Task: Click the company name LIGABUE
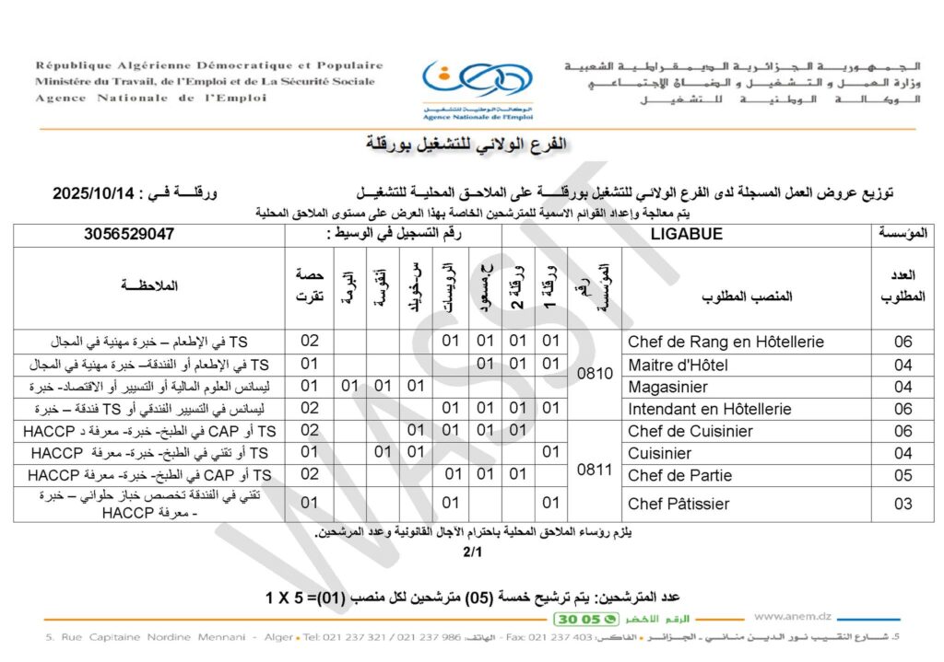coord(687,235)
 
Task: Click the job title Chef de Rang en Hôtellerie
coord(726,342)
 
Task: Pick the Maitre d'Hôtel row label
coord(678,365)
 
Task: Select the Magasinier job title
coord(667,387)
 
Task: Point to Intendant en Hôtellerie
coord(709,409)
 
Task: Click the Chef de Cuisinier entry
coord(690,431)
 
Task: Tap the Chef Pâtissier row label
coord(678,504)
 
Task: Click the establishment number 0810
coord(594,376)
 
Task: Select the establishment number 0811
coord(594,470)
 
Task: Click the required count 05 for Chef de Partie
coord(903,475)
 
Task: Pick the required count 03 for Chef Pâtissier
coord(903,504)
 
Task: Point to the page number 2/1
coord(472,553)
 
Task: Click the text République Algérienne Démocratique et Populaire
coord(209,66)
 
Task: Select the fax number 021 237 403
coord(572,637)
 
